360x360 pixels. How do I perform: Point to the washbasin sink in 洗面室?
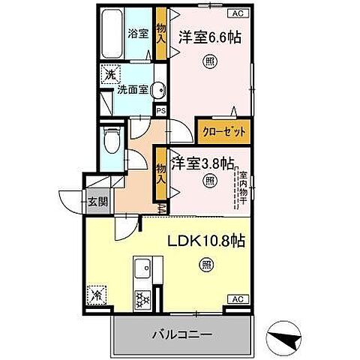pos(158,90)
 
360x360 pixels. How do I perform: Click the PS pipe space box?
pos(161,109)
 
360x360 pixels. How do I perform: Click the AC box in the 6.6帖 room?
pos(238,13)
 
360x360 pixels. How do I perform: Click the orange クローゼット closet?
pos(221,129)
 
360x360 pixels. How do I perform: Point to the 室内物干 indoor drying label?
pos(244,189)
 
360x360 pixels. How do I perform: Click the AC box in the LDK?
pos(238,299)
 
